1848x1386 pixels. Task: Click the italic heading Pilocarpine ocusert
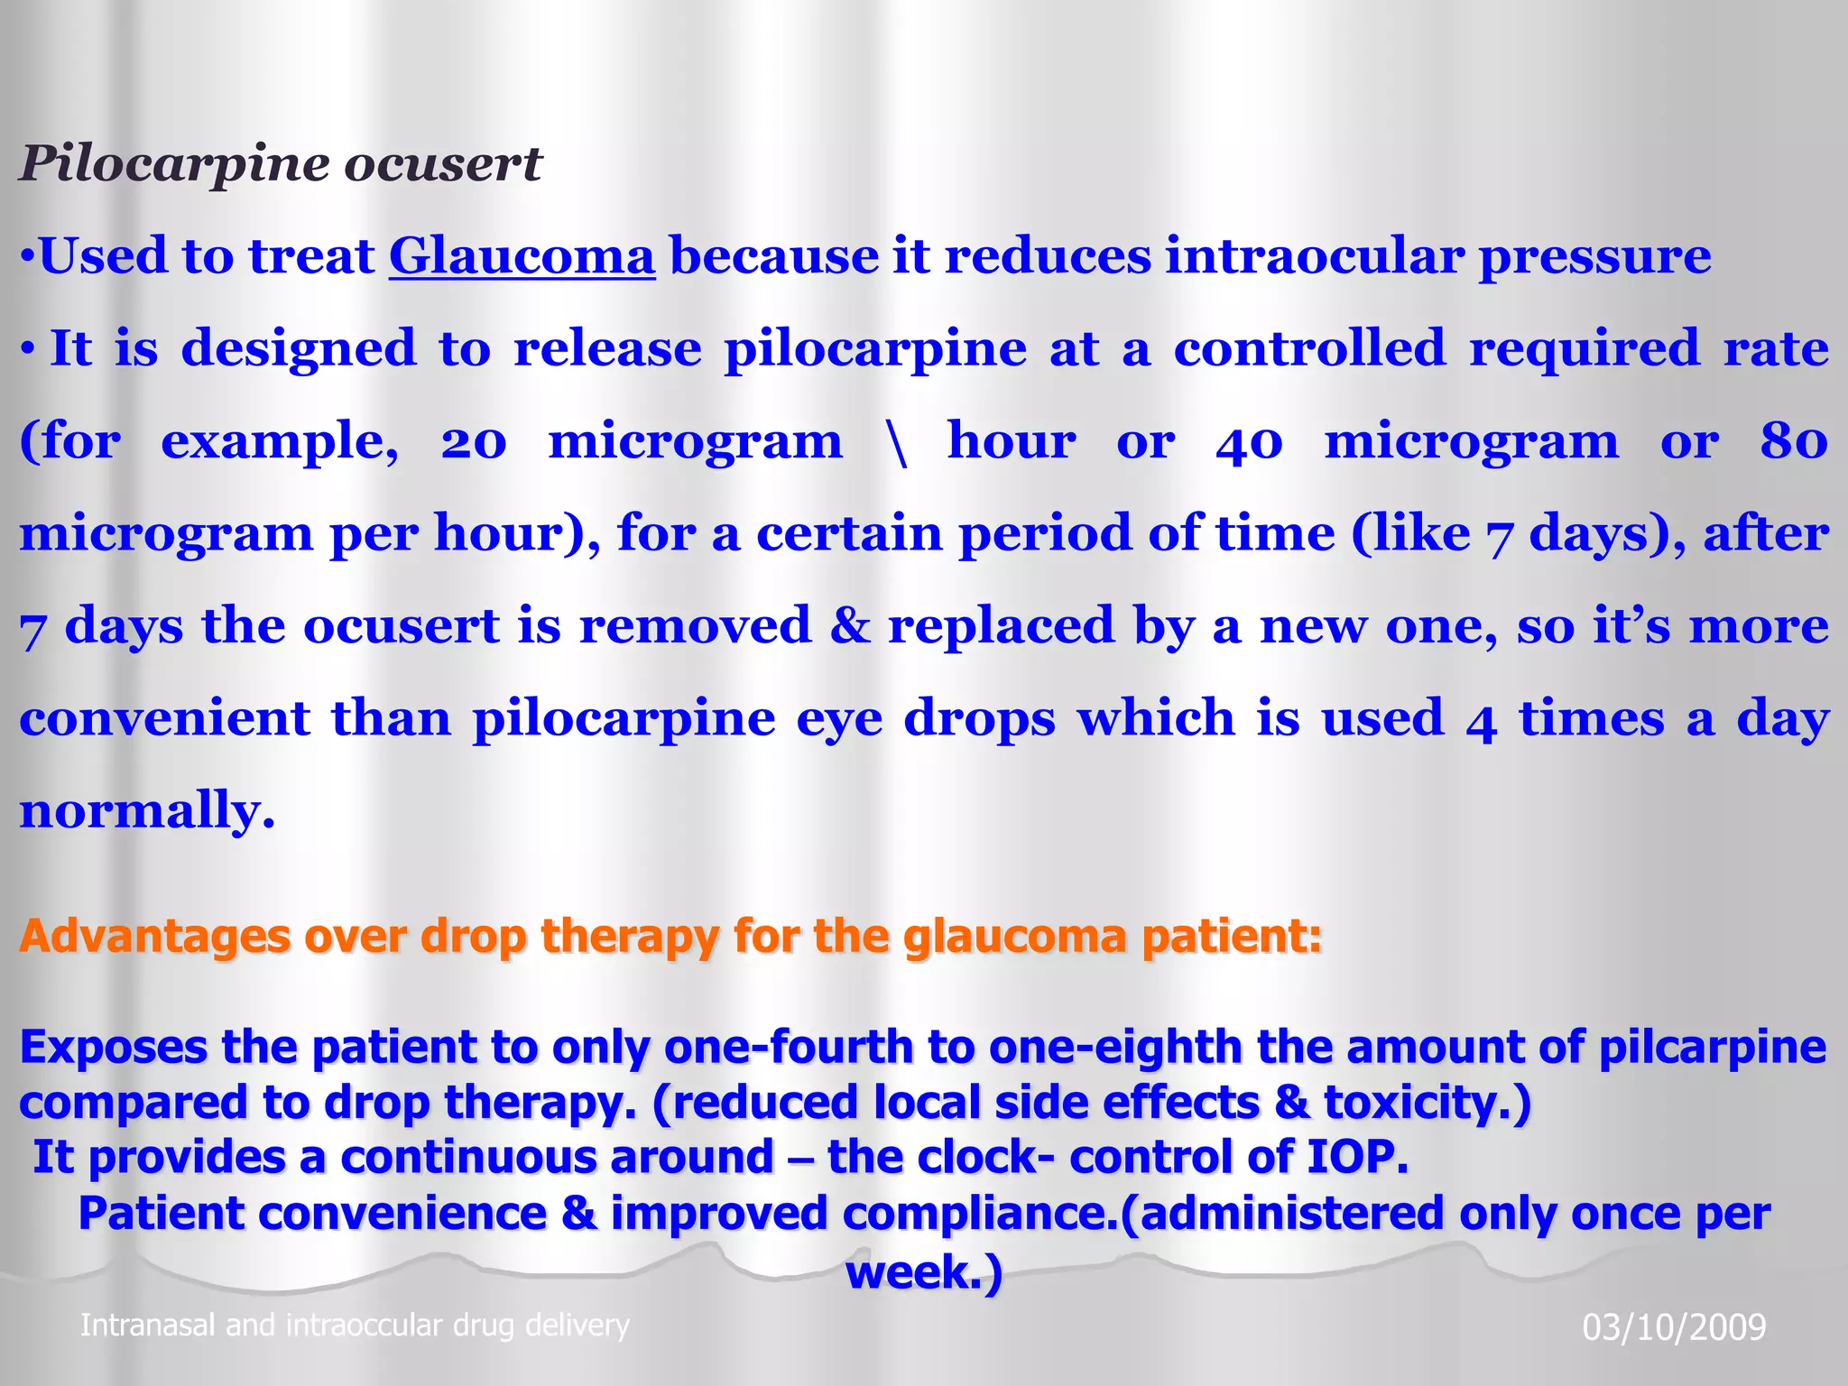pos(281,164)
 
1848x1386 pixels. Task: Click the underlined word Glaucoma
pos(522,256)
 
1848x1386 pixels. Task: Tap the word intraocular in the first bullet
pos(1315,256)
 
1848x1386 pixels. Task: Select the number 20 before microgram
pos(474,442)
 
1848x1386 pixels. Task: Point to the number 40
pos(1249,442)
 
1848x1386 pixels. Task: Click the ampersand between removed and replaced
pos(850,626)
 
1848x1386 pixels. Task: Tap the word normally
pos(146,810)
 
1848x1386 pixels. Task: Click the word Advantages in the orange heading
pos(154,936)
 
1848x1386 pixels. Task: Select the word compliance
pos(978,1214)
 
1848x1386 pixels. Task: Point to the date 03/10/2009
pos(1674,1327)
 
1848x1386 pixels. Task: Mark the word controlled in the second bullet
pos(1309,349)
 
